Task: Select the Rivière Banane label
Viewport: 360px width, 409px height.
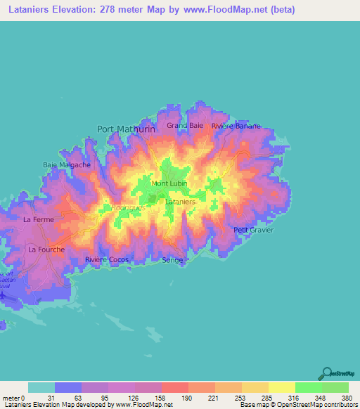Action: point(236,126)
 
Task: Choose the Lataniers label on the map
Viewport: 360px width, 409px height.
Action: point(179,202)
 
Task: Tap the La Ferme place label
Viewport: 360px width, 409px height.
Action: point(39,220)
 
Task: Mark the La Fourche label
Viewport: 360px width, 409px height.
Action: point(46,249)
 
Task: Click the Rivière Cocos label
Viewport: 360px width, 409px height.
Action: point(107,260)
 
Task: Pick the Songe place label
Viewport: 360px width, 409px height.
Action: point(172,260)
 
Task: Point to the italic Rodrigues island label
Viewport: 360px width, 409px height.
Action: point(128,207)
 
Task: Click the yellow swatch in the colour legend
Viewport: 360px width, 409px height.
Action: point(281,387)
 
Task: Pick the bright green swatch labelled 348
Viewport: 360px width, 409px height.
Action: point(308,387)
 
